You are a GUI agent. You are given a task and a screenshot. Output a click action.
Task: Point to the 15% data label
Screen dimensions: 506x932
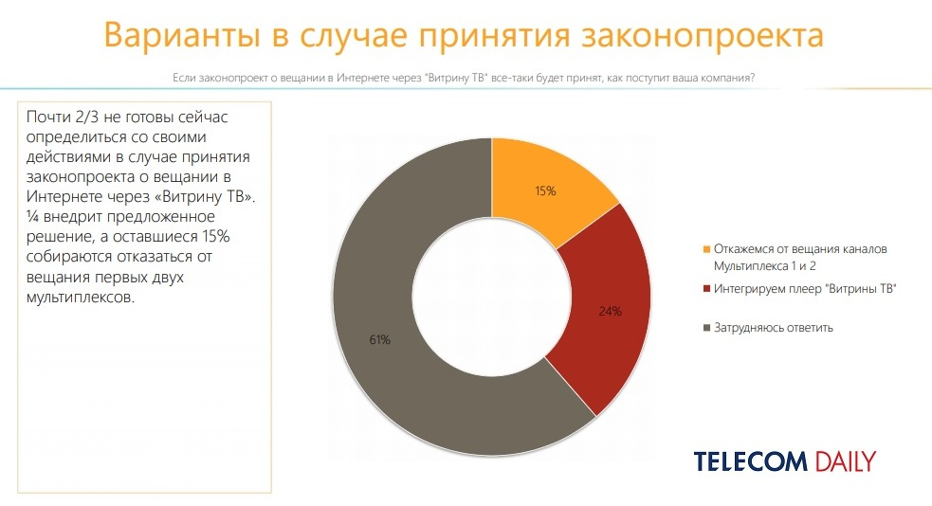click(545, 190)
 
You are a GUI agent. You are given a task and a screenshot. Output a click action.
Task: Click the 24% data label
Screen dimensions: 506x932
click(611, 311)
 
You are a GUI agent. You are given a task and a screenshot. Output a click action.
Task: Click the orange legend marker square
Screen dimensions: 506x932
click(705, 249)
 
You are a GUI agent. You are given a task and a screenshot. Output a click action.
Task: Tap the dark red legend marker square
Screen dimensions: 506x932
click(705, 289)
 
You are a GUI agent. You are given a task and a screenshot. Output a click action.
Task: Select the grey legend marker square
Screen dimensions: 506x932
click(705, 328)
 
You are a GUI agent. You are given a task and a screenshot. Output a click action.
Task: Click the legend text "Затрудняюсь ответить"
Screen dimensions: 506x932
click(773, 328)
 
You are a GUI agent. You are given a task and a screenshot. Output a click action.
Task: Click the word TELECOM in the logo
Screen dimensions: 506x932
click(750, 461)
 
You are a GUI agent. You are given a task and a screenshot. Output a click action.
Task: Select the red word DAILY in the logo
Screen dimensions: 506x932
click(844, 461)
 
